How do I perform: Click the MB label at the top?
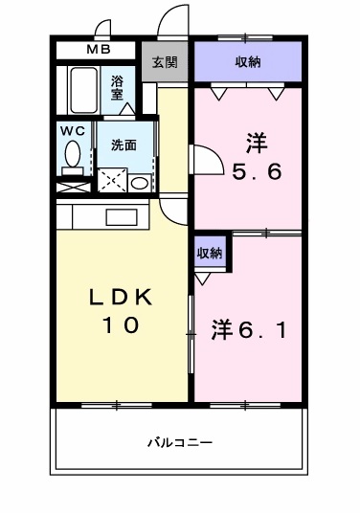click(x=100, y=50)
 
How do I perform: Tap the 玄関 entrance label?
click(x=165, y=63)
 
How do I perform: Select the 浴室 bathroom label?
click(x=118, y=87)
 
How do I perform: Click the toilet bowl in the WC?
click(x=72, y=153)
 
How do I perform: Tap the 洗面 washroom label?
click(x=123, y=145)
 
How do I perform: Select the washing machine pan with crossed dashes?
click(x=112, y=179)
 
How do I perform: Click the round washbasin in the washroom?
click(x=140, y=182)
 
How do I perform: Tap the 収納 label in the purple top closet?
click(x=248, y=62)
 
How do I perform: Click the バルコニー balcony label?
click(x=180, y=442)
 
